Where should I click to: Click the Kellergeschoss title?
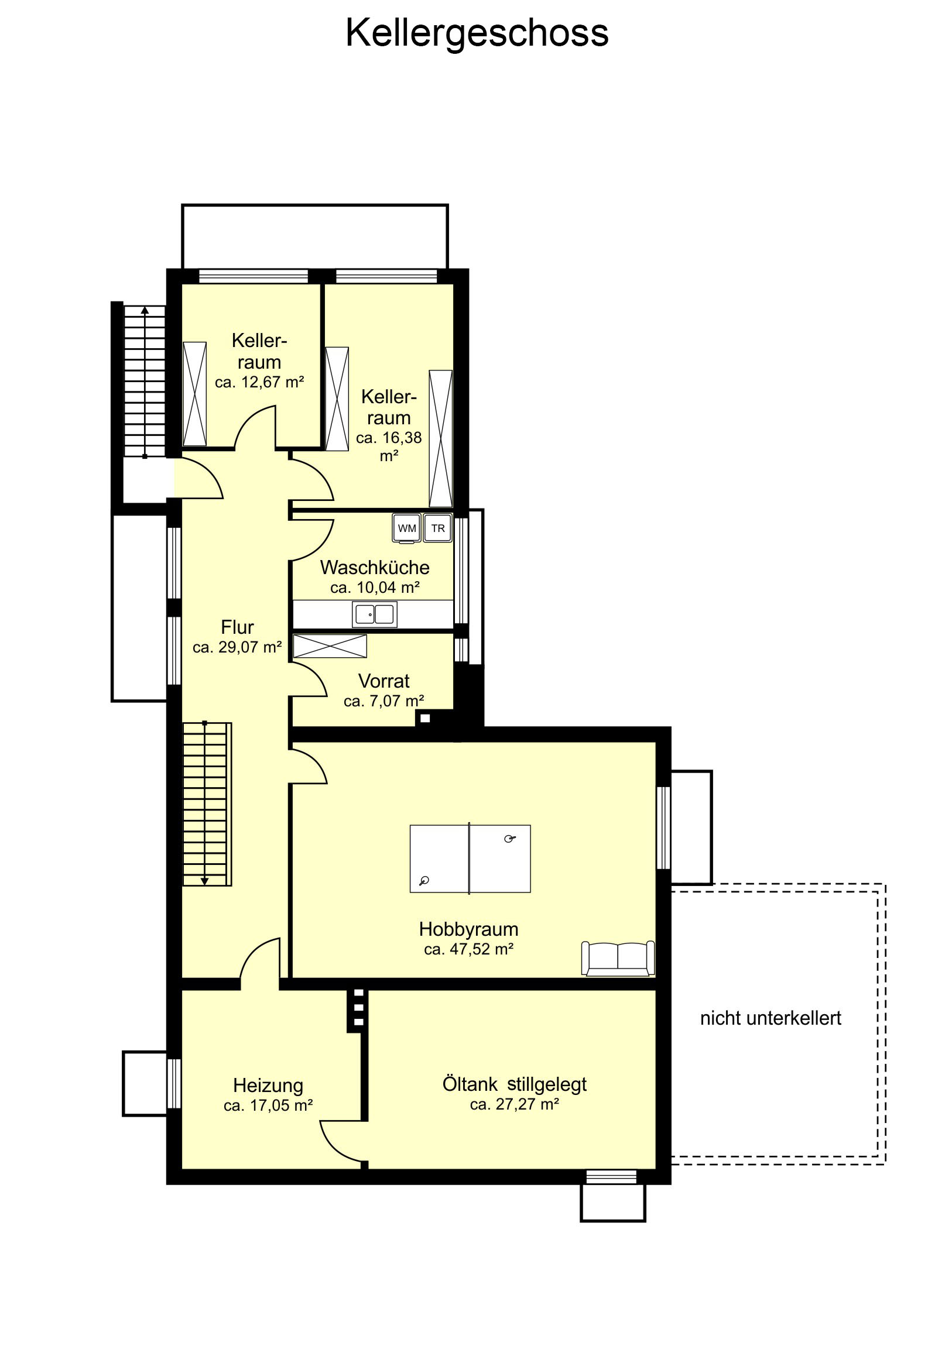click(477, 34)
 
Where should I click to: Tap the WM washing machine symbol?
click(406, 528)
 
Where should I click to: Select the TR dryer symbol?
click(437, 528)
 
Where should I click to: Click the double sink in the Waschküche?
click(374, 614)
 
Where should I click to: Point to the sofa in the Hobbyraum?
click(618, 959)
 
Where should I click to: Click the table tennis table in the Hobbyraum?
click(470, 859)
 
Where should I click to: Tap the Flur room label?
click(237, 627)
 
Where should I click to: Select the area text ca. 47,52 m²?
click(468, 949)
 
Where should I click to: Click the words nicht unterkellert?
click(770, 1018)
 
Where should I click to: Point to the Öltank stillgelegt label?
click(515, 1084)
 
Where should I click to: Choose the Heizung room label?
click(268, 1086)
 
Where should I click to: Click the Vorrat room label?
click(383, 681)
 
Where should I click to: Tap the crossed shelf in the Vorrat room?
click(330, 646)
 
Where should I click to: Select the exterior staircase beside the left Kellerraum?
click(144, 381)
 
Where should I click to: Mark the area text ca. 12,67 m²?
click(259, 382)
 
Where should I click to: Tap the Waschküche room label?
click(374, 568)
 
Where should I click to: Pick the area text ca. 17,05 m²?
click(268, 1106)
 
